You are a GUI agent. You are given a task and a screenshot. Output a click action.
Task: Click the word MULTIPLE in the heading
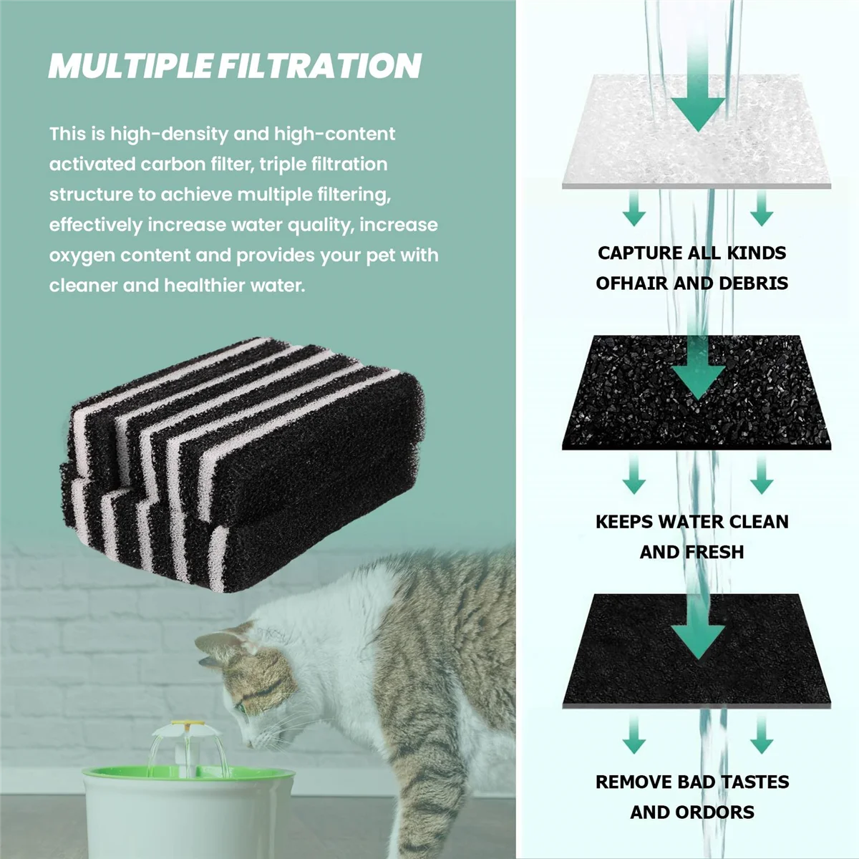[130, 65]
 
